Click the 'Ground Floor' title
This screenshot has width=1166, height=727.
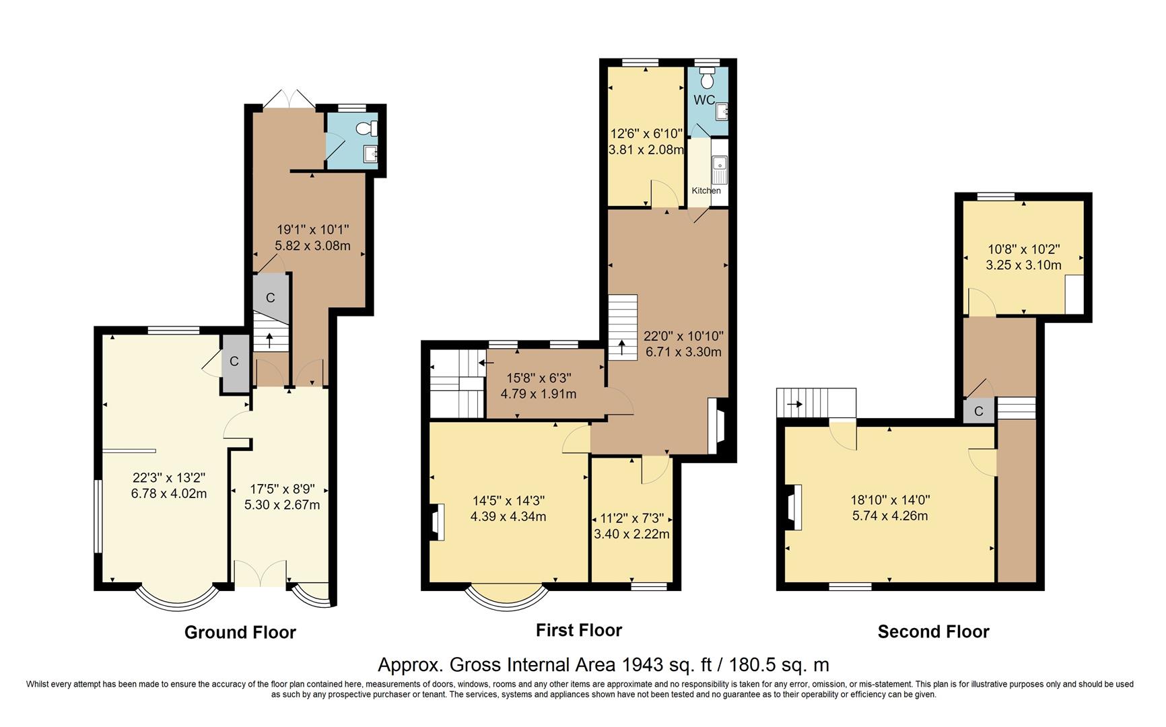coord(240,633)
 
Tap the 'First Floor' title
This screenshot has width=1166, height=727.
coord(579,630)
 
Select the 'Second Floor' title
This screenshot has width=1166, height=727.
coord(934,631)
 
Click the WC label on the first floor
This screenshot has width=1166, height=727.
coord(704,100)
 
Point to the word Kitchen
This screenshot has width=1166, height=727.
coord(706,191)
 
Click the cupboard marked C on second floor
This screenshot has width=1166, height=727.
coord(979,411)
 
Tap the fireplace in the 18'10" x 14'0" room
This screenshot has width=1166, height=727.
coord(794,508)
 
